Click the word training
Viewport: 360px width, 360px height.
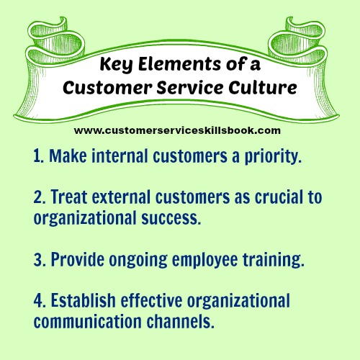click(274, 261)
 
